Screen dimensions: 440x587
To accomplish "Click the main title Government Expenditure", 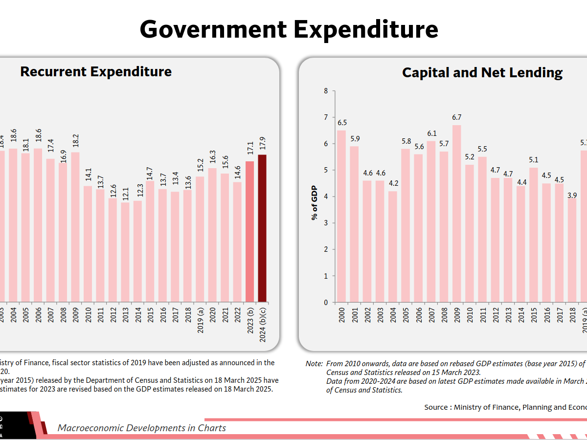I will pos(289,29).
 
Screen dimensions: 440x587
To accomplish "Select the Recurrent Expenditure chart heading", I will pos(96,72).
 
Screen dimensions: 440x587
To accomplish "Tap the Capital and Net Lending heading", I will pos(482,73).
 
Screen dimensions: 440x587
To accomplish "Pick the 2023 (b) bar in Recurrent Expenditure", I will pos(250,232).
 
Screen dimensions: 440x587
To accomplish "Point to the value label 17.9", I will pos(263,144).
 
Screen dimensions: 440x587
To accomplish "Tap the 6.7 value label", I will pos(456,117).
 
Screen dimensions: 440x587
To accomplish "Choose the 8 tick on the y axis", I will pos(326,91).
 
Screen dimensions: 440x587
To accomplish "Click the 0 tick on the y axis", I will pos(326,302).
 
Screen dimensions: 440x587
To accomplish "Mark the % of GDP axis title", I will pos(314,202).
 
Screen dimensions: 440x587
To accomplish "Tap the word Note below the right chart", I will pos(314,364).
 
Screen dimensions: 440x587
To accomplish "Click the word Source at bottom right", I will pos(436,407).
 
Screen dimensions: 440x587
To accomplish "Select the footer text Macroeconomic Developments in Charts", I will pos(142,428).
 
